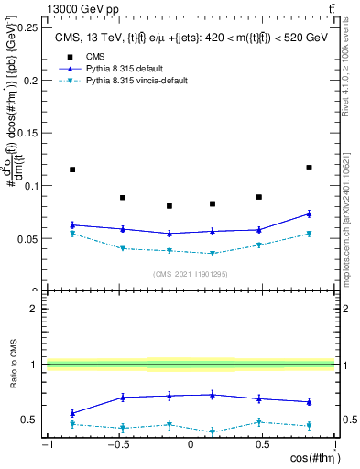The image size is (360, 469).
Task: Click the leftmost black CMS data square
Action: click(72, 169)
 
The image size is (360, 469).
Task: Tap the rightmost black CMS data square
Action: click(309, 168)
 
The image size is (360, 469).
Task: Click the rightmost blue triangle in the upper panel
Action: click(309, 213)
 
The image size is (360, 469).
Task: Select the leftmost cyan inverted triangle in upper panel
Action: click(72, 234)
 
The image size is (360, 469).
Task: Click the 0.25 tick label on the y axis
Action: click(28, 27)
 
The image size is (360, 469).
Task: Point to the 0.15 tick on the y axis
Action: click(28, 133)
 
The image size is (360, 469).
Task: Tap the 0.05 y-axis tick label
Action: click(28, 238)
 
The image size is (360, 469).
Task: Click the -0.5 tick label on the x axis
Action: click(116, 445)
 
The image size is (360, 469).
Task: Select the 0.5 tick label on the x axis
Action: click(264, 445)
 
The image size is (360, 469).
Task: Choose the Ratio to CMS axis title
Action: click(12, 365)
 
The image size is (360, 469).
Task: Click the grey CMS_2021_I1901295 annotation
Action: click(191, 274)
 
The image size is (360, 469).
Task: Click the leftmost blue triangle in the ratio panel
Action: click(72, 413)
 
